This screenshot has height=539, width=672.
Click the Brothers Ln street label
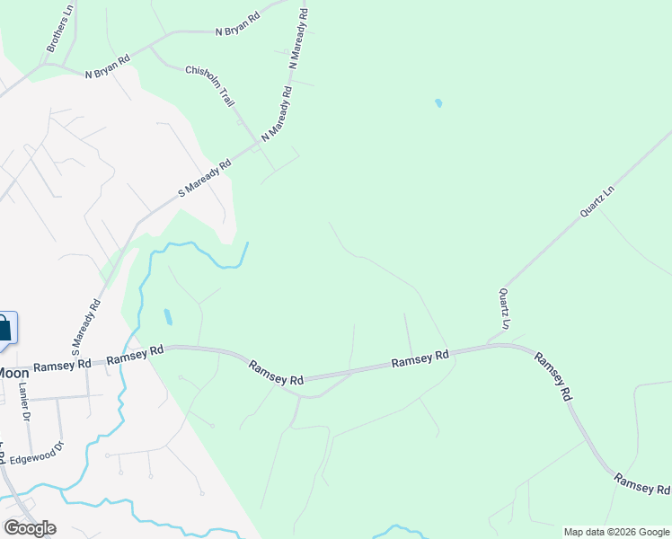click(x=58, y=29)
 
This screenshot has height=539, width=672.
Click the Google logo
click(x=30, y=527)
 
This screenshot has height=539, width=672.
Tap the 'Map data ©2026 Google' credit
click(x=616, y=532)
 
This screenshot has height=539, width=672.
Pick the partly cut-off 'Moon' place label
click(x=14, y=372)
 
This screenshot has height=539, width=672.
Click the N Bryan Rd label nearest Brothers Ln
click(x=108, y=67)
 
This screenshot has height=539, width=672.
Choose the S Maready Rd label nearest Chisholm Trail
click(x=205, y=178)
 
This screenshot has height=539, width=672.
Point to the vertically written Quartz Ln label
click(x=505, y=308)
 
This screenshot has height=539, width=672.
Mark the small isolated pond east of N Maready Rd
click(x=438, y=103)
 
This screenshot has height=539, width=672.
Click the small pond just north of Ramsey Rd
click(x=168, y=317)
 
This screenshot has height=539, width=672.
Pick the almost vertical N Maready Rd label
click(x=299, y=40)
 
